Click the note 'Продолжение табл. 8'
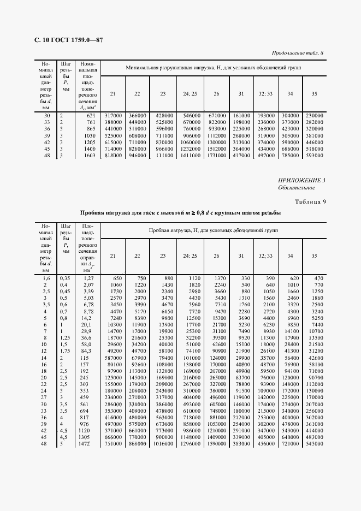tap(297, 53)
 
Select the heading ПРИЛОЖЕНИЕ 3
tap(301, 180)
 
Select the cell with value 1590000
tap(216, 443)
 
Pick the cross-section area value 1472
tap(88, 443)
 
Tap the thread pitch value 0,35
tap(65, 278)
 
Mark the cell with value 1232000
tap(190, 148)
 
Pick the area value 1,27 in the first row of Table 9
tap(90, 278)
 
